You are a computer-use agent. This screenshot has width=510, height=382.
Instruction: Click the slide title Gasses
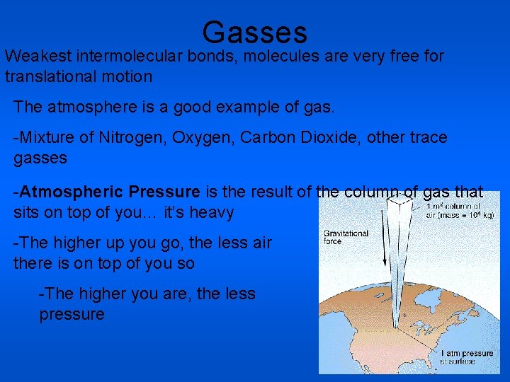[x=254, y=33]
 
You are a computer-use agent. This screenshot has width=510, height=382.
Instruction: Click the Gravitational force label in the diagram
[x=346, y=236]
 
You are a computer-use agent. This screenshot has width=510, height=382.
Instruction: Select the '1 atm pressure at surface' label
[x=467, y=357]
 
